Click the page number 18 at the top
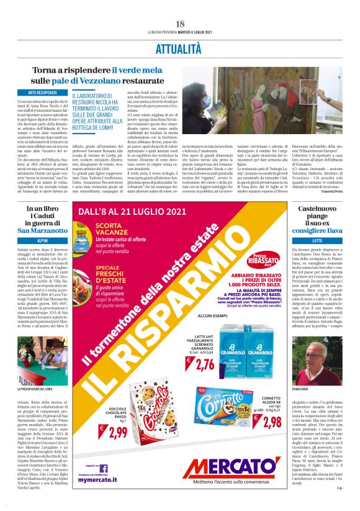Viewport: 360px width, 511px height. [x=180, y=24]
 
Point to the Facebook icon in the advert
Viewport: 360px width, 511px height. [x=104, y=469]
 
